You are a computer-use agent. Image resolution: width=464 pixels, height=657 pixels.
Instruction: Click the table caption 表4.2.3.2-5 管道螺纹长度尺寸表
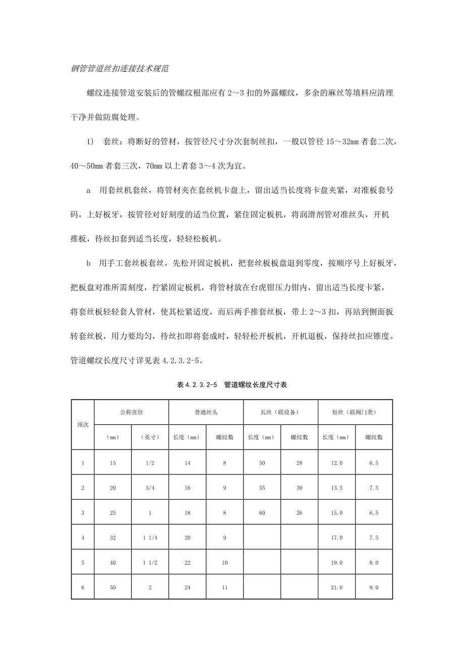point(232,385)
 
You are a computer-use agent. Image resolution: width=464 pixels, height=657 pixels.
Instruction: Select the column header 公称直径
point(131,412)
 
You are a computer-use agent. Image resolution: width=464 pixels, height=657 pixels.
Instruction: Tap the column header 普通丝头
point(206,412)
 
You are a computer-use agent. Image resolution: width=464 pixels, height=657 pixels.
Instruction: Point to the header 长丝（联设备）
point(280,412)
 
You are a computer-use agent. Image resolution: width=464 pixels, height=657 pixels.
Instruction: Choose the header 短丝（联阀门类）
point(355,412)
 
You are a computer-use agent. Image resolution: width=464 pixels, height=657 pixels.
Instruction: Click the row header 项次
point(83,424)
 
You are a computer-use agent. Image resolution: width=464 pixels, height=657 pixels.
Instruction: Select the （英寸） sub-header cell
point(150,437)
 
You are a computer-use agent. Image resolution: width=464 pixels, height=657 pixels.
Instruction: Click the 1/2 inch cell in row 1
point(150,463)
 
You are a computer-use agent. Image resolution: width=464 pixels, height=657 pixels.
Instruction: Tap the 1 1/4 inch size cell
point(150,538)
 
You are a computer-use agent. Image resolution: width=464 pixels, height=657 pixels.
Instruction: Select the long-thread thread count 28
point(299,463)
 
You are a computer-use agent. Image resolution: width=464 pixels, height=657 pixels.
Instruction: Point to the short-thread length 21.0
point(336,587)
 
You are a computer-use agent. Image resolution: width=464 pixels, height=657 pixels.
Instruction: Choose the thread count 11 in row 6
point(224,587)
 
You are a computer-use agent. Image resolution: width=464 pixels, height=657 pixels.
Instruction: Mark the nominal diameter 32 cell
point(112,538)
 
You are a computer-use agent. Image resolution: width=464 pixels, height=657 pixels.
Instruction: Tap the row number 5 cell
point(83,563)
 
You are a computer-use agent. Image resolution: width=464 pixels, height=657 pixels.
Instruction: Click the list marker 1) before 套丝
point(91,142)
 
